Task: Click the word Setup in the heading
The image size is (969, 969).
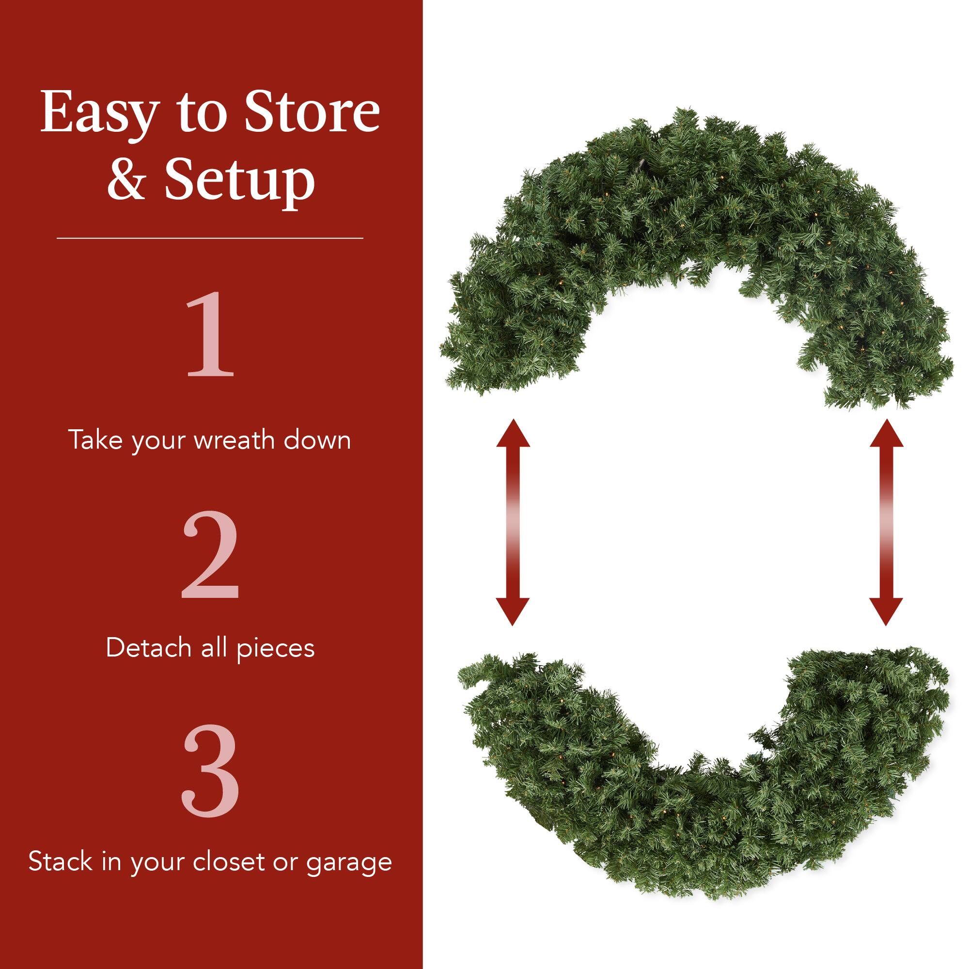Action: (x=240, y=181)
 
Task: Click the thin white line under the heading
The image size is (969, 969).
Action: (x=210, y=238)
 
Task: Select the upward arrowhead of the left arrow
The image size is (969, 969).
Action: (x=513, y=434)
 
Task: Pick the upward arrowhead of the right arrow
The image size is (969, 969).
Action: (x=886, y=434)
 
